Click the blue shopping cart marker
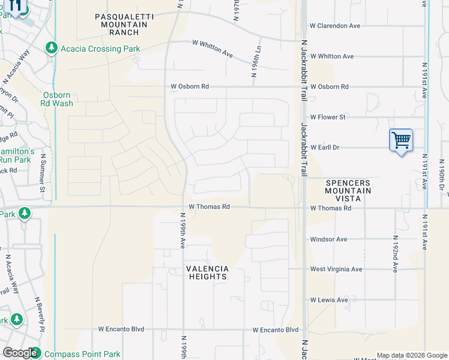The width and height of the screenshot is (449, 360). click(400, 141)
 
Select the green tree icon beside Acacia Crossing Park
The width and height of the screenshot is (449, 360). click(52, 48)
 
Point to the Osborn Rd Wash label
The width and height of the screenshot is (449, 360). click(58, 99)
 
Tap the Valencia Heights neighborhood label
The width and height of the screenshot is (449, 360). click(207, 272)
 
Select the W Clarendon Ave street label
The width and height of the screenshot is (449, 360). click(334, 26)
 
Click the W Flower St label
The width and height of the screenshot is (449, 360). click(327, 117)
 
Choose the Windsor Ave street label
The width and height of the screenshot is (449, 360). click(328, 239)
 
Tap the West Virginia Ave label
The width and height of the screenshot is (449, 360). click(336, 269)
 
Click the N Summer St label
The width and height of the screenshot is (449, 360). click(43, 173)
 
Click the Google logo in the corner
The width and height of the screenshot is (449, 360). click(20, 353)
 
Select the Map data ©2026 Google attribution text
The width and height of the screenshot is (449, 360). click(411, 355)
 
